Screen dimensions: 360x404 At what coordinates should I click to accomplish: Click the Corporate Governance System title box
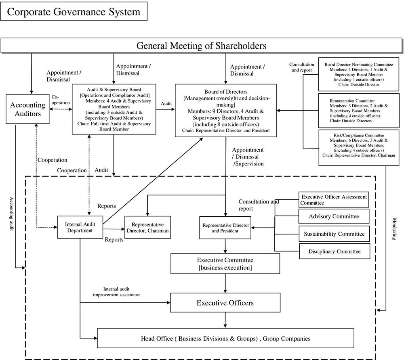click(x=74, y=11)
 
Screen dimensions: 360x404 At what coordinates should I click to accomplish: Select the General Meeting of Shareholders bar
click(x=201, y=45)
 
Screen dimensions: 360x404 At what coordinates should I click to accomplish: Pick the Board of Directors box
click(x=226, y=110)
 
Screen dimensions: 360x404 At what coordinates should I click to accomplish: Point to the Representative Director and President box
click(x=225, y=228)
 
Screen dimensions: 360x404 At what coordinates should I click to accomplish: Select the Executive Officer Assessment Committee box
click(x=334, y=199)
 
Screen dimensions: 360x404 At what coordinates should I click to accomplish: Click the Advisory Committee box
click(x=334, y=217)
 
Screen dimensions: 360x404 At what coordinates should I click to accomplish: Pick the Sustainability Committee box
click(x=334, y=234)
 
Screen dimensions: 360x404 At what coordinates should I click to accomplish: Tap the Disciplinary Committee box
click(x=334, y=251)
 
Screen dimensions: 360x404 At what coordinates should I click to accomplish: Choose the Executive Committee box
click(x=225, y=264)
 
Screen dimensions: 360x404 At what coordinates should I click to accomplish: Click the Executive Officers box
click(x=225, y=303)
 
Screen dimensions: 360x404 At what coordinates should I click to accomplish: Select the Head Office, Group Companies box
click(x=225, y=338)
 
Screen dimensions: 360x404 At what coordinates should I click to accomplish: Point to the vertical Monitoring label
click(x=395, y=229)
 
